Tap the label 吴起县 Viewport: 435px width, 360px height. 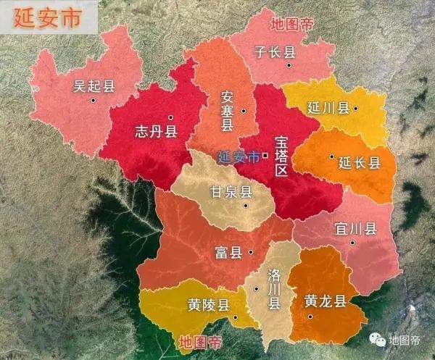94,85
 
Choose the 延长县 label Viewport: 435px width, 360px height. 359,163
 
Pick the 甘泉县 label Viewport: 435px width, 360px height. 231,192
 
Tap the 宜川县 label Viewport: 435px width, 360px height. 355,229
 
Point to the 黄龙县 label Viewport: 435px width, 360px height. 326,301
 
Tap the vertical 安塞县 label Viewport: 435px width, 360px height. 227,111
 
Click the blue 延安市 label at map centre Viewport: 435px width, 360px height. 239,156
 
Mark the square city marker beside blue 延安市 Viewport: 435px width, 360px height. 265,155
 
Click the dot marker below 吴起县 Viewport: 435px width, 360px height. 93,100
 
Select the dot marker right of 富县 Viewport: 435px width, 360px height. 250,253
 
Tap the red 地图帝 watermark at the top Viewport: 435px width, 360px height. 292,24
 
